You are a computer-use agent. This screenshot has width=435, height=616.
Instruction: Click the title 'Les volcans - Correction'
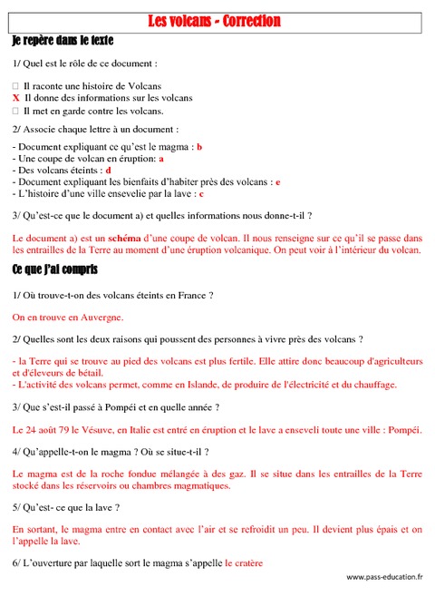click(x=214, y=21)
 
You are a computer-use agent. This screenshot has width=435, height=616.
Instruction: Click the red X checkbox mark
click(x=16, y=97)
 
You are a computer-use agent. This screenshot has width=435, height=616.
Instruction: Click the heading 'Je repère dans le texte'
click(x=63, y=41)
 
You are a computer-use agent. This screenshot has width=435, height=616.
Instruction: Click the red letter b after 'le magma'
click(x=199, y=146)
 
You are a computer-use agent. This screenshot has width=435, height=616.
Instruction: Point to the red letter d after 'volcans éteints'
click(x=108, y=170)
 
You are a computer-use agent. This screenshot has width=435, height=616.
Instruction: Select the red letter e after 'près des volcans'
click(x=278, y=181)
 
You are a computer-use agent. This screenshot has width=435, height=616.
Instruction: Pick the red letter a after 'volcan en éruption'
click(x=160, y=158)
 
